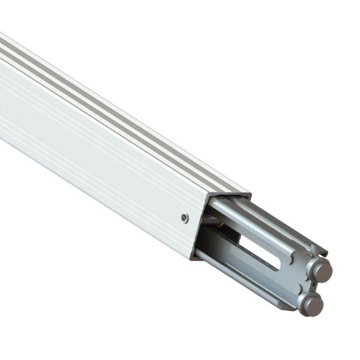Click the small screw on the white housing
pyautogui.click(x=184, y=217)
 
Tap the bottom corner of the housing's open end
pyautogui.click(x=194, y=257)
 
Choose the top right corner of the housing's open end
pyautogui.click(x=250, y=192)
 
